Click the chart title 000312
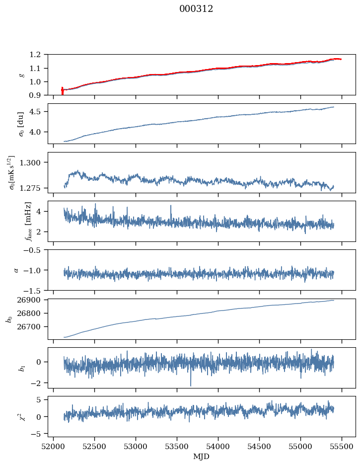click(196, 9)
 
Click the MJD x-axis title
click(202, 457)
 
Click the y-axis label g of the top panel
click(21, 75)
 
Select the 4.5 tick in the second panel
click(38, 112)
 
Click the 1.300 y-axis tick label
click(34, 162)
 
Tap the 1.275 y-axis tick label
click(34, 188)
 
